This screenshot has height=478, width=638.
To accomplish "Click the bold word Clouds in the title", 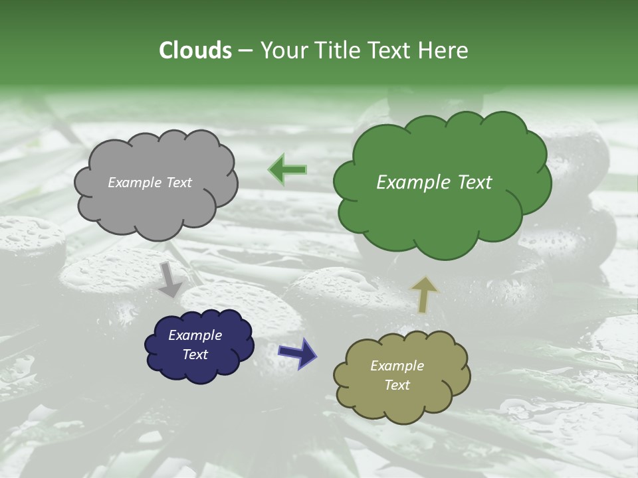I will [x=195, y=50].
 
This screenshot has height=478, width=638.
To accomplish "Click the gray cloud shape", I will [x=156, y=212].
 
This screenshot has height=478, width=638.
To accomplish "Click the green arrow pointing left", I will [x=288, y=170].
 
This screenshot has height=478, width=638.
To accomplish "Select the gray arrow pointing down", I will [x=171, y=279].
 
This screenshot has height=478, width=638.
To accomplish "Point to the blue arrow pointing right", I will [x=297, y=353].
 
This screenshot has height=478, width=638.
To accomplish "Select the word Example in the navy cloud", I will [x=195, y=335].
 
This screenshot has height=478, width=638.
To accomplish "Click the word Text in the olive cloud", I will [x=397, y=385].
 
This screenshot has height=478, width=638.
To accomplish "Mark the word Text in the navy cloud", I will [x=195, y=355].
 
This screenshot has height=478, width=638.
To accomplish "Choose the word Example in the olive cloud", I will [x=397, y=366].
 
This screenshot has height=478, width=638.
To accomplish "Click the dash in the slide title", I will [x=245, y=50].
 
